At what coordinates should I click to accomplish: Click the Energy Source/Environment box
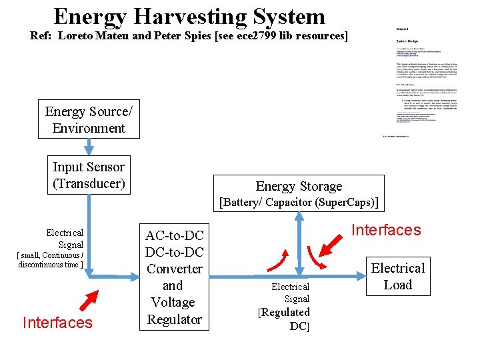[89, 120]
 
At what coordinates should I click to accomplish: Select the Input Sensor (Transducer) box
[89, 175]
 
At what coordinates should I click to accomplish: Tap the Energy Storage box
[299, 193]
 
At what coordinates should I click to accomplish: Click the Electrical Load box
[398, 277]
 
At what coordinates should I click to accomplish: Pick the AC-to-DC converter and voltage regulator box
[174, 277]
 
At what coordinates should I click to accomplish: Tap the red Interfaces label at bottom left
[57, 323]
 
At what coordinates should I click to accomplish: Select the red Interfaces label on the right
[386, 230]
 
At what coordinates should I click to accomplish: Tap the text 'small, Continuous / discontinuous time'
[50, 259]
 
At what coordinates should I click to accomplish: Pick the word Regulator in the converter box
[175, 319]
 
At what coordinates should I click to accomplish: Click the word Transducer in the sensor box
[89, 183]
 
